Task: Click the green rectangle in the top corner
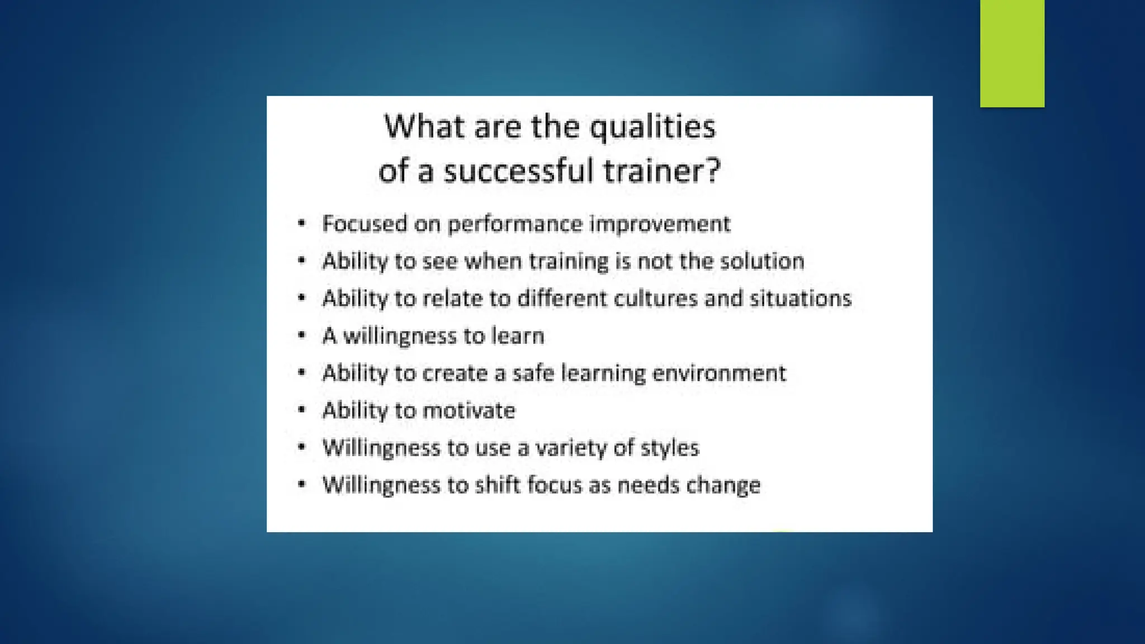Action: pyautogui.click(x=1012, y=53)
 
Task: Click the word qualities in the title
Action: pyautogui.click(x=652, y=127)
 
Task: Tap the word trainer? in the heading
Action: pyautogui.click(x=663, y=170)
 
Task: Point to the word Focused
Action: pyautogui.click(x=365, y=224)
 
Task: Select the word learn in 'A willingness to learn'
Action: pyautogui.click(x=517, y=335)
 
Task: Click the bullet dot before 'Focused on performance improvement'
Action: pyautogui.click(x=302, y=224)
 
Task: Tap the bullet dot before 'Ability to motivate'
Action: pyautogui.click(x=302, y=410)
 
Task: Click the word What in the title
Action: pyautogui.click(x=425, y=127)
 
